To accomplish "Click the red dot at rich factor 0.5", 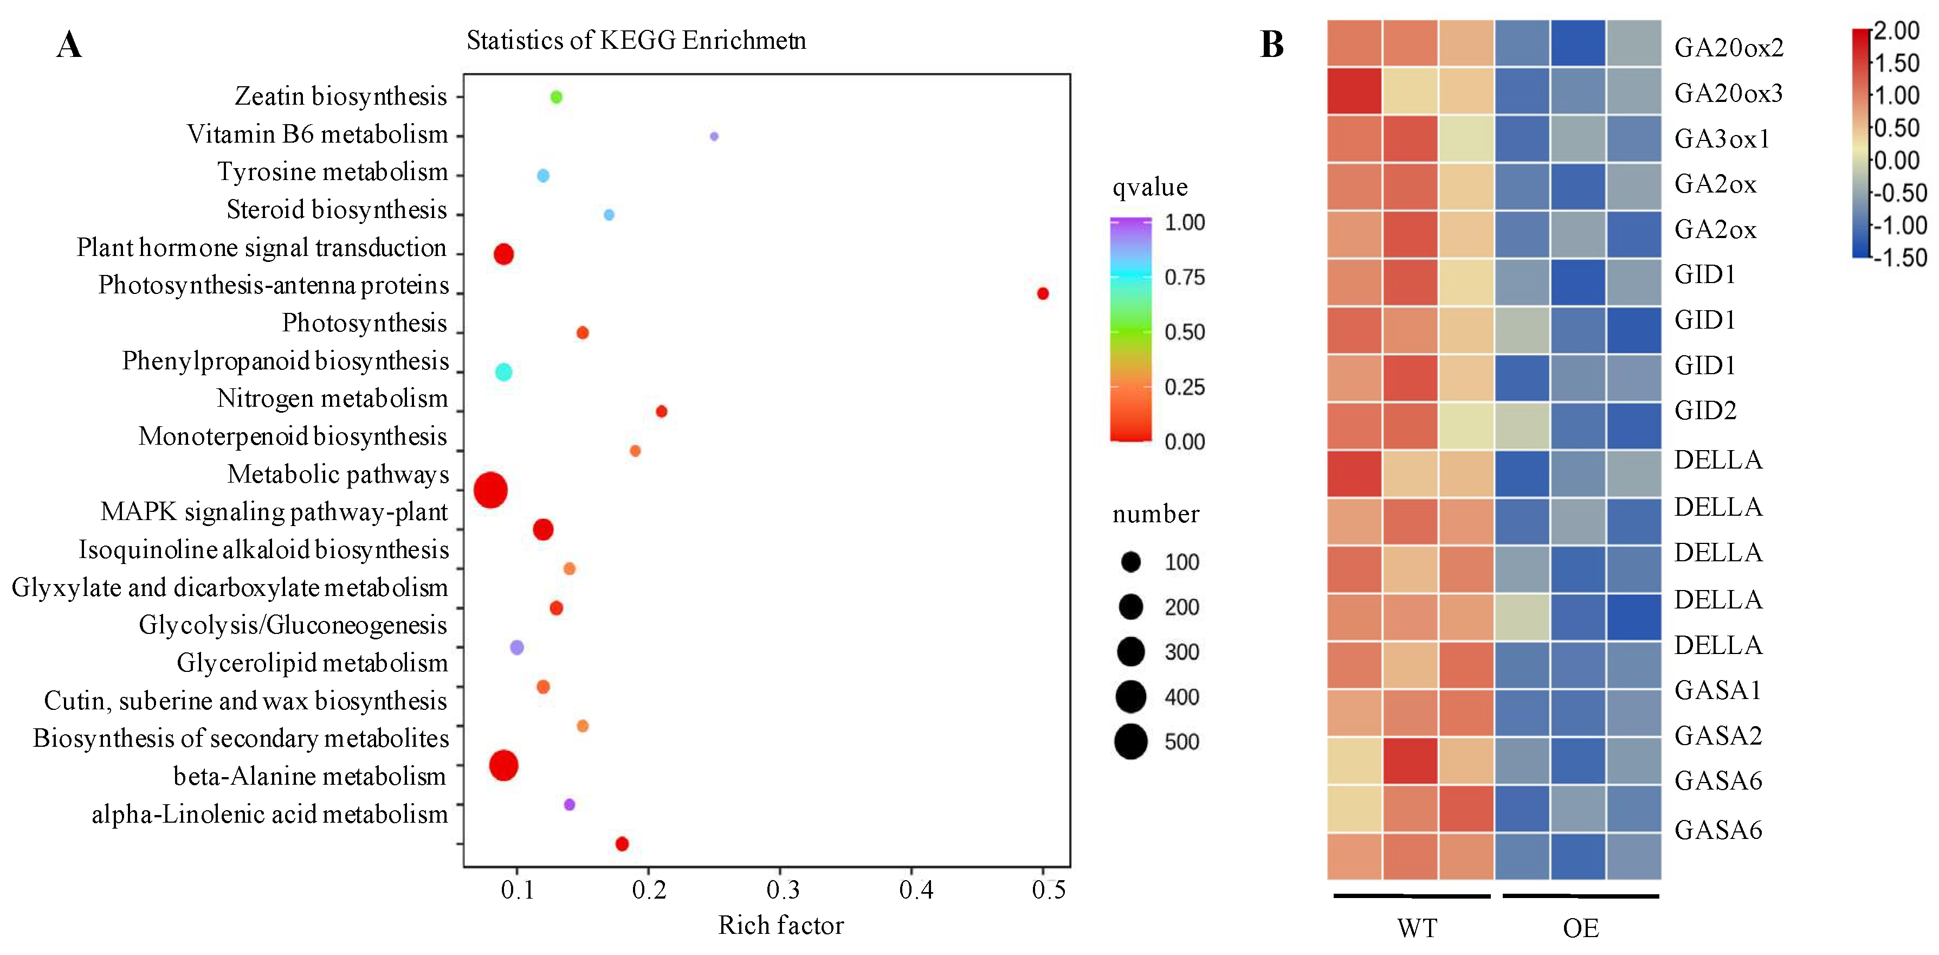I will pyautogui.click(x=1043, y=294).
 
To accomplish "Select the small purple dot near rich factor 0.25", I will pyautogui.click(x=714, y=136).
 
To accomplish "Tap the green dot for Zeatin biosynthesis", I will pyautogui.click(x=556, y=97).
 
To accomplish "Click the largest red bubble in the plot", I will pyautogui.click(x=491, y=490).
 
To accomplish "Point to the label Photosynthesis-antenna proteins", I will pyautogui.click(x=273, y=285).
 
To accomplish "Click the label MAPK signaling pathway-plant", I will pyautogui.click(x=274, y=512).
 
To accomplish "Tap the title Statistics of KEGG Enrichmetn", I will pyautogui.click(x=636, y=40).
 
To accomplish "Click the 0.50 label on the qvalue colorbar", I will pyautogui.click(x=1185, y=332).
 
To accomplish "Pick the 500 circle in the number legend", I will pyautogui.click(x=1130, y=742).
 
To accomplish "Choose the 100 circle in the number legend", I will pyautogui.click(x=1130, y=562).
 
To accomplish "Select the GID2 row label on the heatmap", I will pyautogui.click(x=1705, y=411).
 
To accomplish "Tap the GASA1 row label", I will pyautogui.click(x=1718, y=690).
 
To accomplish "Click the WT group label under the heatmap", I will pyautogui.click(x=1417, y=928).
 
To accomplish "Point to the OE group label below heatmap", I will pyautogui.click(x=1581, y=928).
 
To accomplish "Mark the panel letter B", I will pyautogui.click(x=1272, y=45).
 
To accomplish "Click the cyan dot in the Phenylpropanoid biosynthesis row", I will pyautogui.click(x=503, y=372).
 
